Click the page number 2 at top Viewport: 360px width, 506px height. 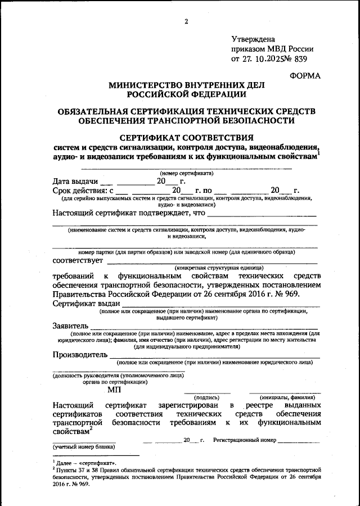185,22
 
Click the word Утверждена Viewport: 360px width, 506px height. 254,39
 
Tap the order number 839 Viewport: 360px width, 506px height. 299,58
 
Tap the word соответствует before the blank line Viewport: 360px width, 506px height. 78,260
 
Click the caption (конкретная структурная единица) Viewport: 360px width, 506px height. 218,268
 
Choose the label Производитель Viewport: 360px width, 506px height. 79,355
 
